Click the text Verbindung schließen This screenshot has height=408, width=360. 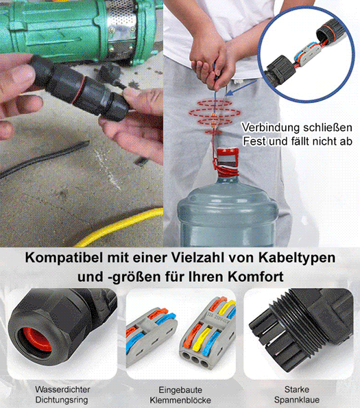point(297,128)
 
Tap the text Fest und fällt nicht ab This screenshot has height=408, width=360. point(297,142)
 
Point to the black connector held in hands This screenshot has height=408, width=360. point(75,86)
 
